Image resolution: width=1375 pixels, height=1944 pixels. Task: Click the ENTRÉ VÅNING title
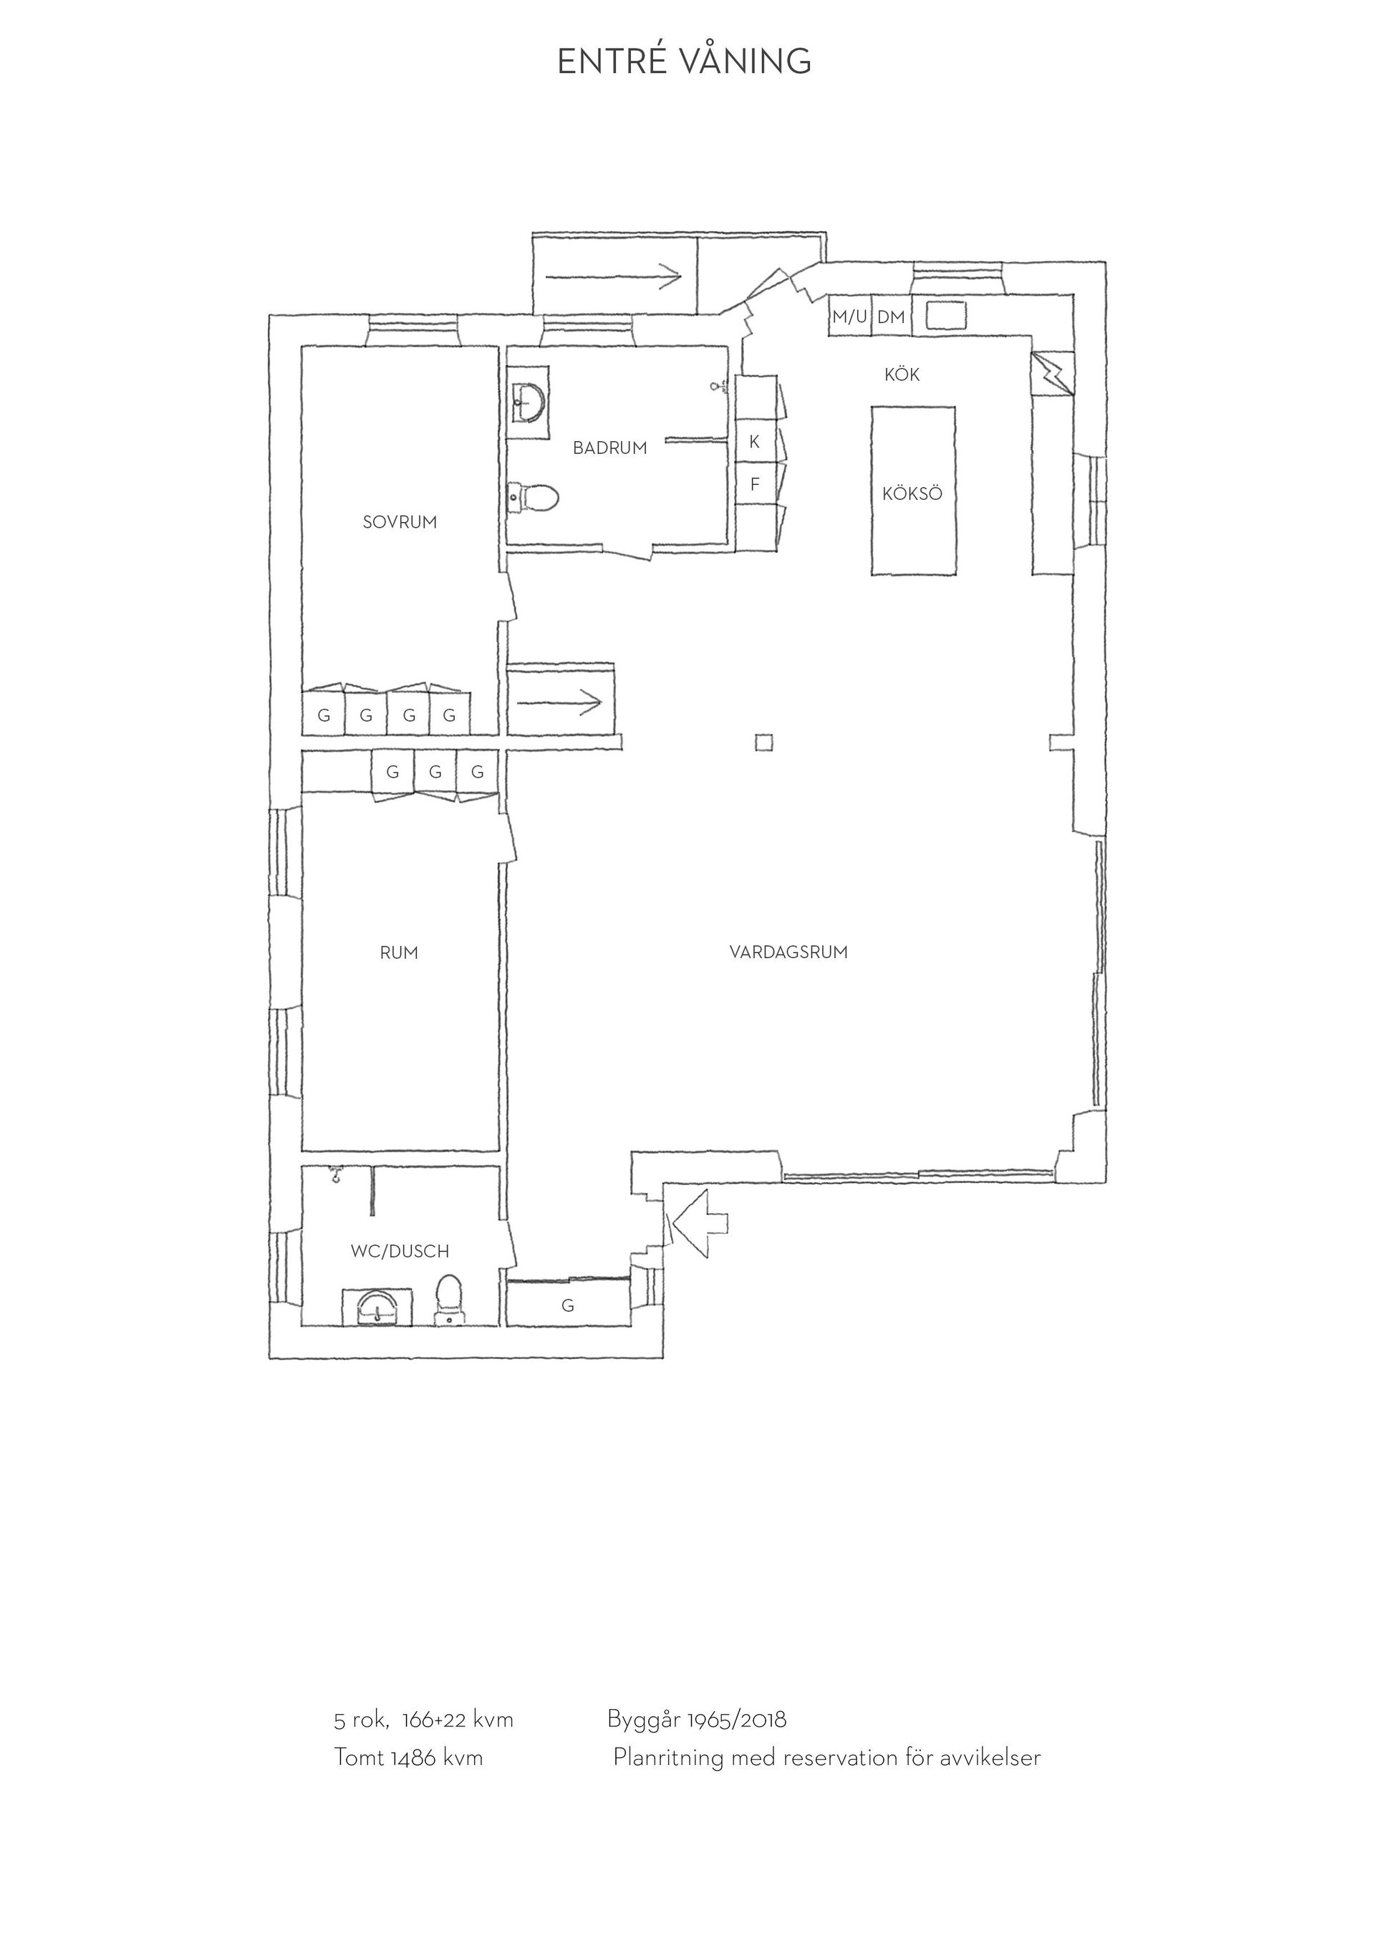[x=684, y=61]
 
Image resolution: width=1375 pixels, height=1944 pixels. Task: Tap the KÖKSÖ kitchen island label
[x=912, y=493]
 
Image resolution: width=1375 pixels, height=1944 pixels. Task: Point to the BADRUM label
[x=609, y=448]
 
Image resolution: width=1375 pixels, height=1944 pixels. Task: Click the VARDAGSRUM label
[x=788, y=952]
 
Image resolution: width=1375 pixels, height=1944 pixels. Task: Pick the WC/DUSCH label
[x=400, y=1251]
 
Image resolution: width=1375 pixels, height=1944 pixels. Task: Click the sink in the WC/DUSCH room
[x=377, y=1307]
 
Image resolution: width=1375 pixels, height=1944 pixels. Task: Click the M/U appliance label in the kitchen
[x=849, y=316]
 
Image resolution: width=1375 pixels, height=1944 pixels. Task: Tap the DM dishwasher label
[x=891, y=317]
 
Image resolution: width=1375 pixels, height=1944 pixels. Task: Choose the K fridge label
[x=754, y=441]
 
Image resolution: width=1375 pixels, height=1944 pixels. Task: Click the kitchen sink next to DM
[x=946, y=315]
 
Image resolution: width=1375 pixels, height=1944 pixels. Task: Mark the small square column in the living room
[x=765, y=743]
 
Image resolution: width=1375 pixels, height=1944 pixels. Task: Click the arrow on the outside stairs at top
[x=614, y=275]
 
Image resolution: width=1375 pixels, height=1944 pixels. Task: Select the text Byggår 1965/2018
[x=697, y=1720]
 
